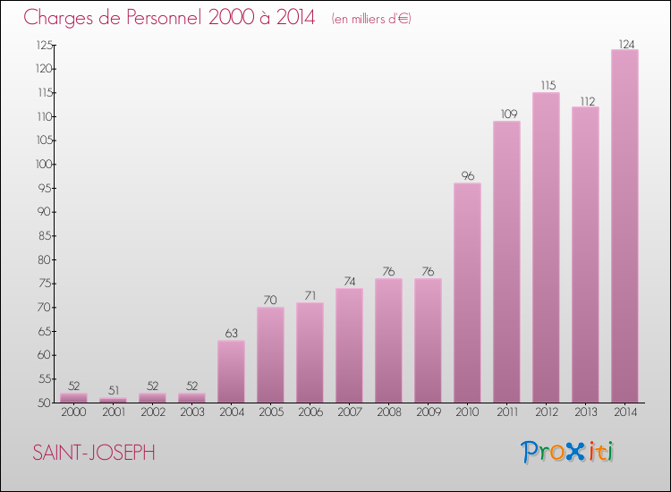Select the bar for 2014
point(624,225)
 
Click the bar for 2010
point(467,293)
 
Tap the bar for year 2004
point(231,371)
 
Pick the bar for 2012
point(546,247)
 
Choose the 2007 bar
point(349,345)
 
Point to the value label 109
point(506,115)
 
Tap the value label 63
point(231,334)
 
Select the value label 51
point(113,391)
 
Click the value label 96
point(467,176)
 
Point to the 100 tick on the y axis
point(44,165)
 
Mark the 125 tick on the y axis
point(44,45)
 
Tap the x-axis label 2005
point(270,412)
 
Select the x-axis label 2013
point(585,412)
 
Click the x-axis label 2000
point(73,412)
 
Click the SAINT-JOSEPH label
point(94,453)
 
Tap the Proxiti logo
point(567,452)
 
